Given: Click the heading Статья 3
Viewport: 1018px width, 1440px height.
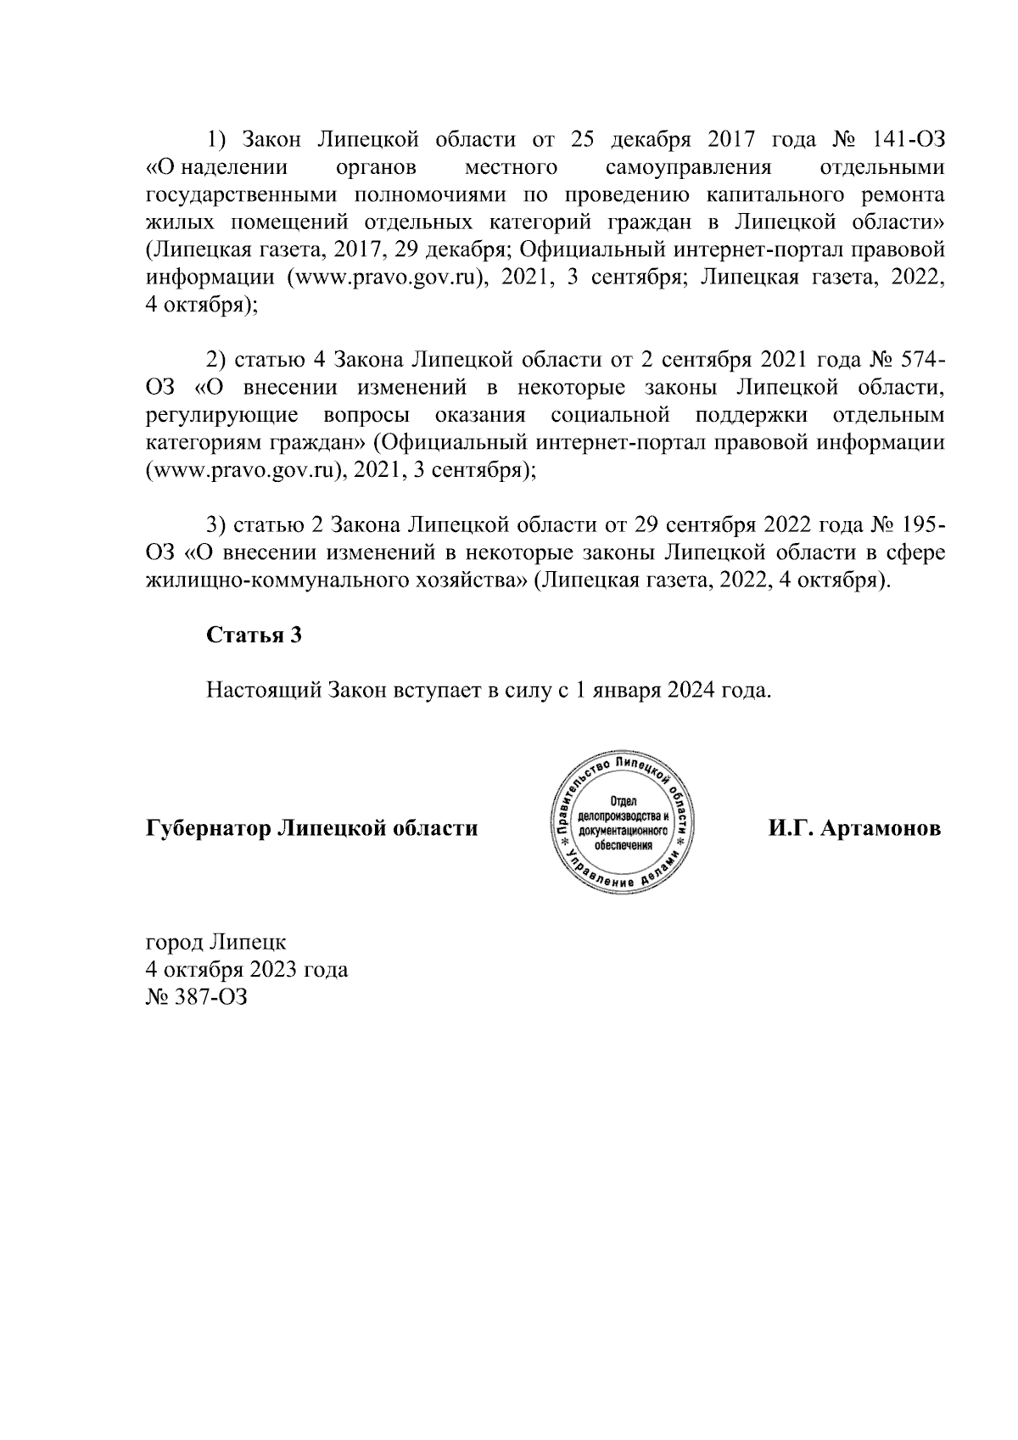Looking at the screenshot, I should (254, 636).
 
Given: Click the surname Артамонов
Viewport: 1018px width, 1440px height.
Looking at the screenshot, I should (886, 828).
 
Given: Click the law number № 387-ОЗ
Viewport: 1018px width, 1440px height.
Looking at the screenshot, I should (196, 997).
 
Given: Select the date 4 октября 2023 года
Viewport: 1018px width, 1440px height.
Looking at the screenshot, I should (247, 969).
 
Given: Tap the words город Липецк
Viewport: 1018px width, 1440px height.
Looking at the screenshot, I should (215, 942).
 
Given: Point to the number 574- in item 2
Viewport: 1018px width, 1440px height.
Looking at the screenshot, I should (918, 360).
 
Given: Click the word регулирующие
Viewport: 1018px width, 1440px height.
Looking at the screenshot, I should (221, 416).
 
